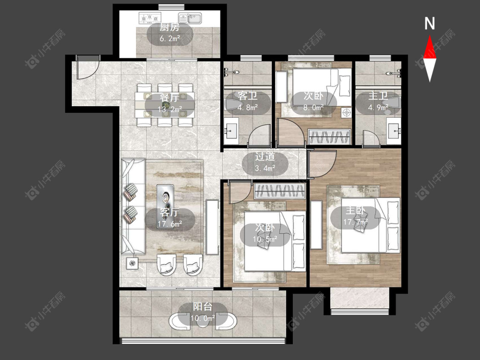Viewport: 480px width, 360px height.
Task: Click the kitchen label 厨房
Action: (169, 28)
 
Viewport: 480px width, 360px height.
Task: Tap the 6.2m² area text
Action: (169, 38)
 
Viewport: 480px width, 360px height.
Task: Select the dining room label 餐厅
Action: (169, 98)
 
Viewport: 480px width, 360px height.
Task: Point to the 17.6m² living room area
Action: (170, 224)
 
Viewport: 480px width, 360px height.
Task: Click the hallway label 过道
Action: (265, 157)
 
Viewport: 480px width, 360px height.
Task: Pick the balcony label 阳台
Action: (203, 307)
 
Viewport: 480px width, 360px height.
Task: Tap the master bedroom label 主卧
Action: (355, 211)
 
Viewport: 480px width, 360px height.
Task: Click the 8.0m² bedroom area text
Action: (314, 107)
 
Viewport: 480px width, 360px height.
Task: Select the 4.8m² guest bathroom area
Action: (247, 107)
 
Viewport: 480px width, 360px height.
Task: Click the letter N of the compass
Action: (430, 23)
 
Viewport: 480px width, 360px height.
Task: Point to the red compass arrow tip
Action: (430, 35)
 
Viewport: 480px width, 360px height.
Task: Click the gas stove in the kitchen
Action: (150, 18)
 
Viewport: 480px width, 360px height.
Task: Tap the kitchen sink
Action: (190, 18)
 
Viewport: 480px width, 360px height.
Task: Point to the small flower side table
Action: (132, 263)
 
